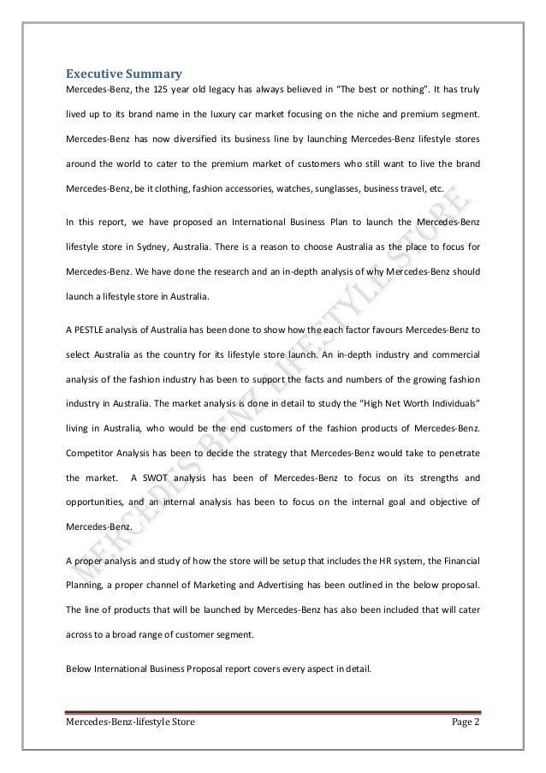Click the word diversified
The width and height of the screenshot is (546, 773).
coord(200,138)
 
